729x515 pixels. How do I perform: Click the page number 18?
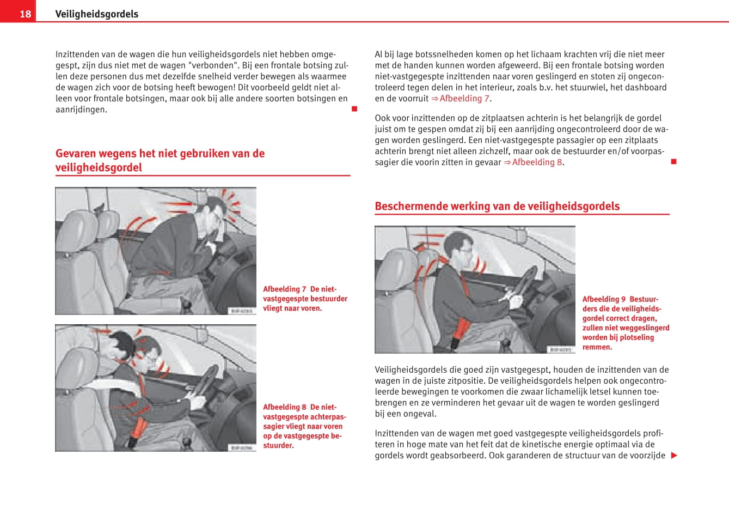coord(25,14)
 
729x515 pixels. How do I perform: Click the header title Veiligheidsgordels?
coord(96,14)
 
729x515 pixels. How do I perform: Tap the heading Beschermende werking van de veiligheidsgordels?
coord(497,206)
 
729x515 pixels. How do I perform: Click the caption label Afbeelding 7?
coord(284,289)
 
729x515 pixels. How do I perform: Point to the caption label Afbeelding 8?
coord(284,407)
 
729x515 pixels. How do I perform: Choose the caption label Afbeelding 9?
coord(604,299)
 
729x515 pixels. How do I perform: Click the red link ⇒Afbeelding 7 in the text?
coord(461,99)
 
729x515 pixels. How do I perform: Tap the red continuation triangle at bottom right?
coord(674,456)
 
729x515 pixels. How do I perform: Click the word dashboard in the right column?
coord(646,87)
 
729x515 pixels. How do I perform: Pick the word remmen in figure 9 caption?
coord(597,347)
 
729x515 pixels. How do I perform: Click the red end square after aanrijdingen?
coord(354,109)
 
